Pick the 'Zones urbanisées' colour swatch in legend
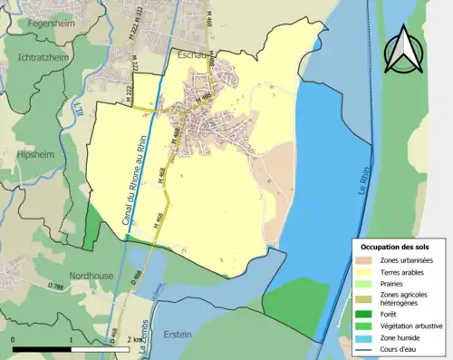tap(368, 261)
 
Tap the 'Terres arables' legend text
tap(404, 271)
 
